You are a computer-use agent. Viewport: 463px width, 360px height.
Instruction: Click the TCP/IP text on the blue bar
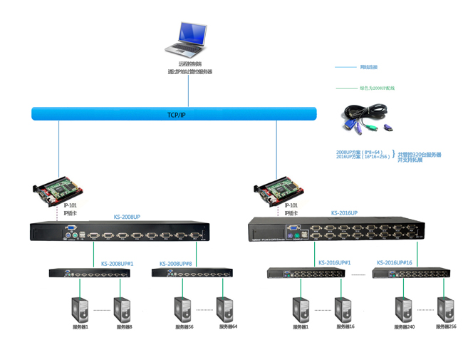coord(176,114)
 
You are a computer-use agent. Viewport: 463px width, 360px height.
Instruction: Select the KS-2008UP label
coord(128,217)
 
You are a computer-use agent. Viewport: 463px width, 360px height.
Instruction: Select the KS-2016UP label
coord(344,213)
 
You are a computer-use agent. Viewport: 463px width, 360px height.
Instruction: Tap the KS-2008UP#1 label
coord(117,262)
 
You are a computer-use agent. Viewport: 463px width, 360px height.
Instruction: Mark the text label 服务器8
coord(125,327)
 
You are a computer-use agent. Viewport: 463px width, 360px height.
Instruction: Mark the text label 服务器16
coord(345,327)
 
